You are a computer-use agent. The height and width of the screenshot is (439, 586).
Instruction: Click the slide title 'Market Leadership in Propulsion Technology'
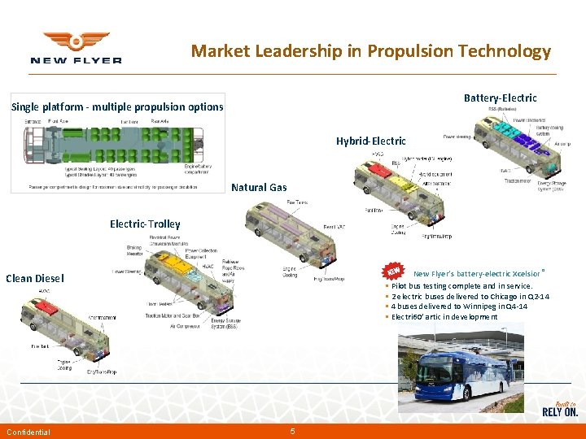coord(370,51)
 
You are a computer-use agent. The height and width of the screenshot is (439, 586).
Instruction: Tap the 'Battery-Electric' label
coord(500,98)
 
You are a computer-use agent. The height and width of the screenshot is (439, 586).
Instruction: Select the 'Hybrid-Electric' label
coord(370,141)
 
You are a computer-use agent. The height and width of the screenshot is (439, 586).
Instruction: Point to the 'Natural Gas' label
coord(259,187)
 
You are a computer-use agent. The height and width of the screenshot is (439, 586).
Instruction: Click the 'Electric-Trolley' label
coord(145,224)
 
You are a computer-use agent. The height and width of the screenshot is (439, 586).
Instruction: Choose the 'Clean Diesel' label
coord(35,278)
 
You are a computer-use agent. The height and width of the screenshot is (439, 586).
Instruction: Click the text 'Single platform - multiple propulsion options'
coord(116,106)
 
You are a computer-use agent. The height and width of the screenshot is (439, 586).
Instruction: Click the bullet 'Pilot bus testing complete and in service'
coord(461,286)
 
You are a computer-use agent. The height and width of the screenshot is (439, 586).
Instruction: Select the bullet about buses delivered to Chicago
coord(470,297)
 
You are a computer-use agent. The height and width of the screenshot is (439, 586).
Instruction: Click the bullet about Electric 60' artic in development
coord(444,316)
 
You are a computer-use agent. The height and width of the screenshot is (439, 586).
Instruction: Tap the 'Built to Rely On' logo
coord(559,409)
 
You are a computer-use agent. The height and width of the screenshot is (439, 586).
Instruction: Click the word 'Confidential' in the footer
coord(28,432)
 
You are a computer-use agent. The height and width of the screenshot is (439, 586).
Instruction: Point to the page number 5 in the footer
coord(292,431)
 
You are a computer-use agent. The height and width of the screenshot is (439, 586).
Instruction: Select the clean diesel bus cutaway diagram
coord(69,329)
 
